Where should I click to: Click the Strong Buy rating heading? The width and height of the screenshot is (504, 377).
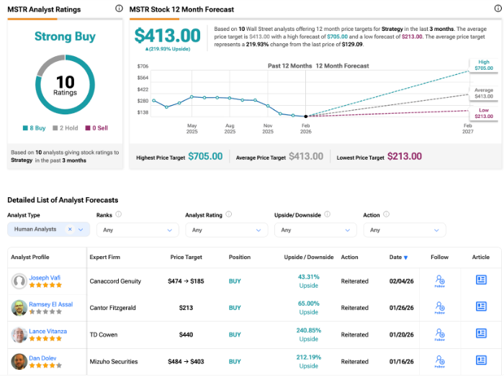tap(65, 37)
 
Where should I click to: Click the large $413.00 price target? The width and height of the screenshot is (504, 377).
tap(168, 36)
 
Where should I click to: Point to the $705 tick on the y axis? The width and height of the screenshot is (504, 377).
tap(143, 66)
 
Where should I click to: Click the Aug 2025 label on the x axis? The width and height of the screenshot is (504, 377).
tap(230, 129)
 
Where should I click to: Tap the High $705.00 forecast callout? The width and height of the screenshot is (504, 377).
tap(483, 65)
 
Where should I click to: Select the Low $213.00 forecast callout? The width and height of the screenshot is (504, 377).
tap(483, 113)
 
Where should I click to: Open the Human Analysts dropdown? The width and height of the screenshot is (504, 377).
tap(48, 230)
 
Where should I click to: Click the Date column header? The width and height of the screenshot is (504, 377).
tap(398, 258)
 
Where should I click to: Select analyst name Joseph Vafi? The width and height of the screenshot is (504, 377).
tap(45, 277)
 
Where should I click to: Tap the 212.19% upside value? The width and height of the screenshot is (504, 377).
tap(309, 357)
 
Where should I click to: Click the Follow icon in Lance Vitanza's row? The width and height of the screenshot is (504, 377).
tap(439, 335)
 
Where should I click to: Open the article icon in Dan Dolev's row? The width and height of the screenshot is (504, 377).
tap(481, 361)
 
